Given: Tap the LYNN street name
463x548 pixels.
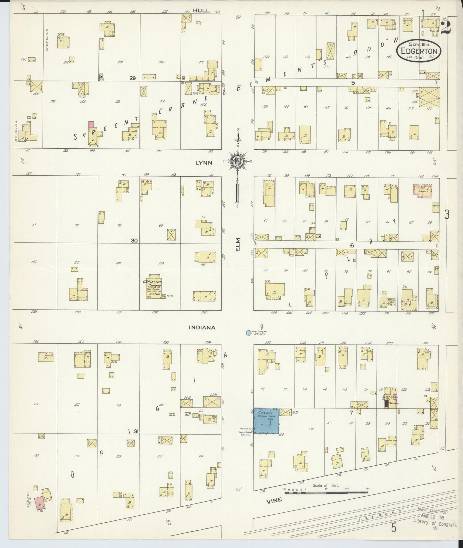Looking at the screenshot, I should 204,162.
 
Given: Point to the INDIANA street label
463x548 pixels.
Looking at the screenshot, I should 202,328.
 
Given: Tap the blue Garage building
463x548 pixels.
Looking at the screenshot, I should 266,421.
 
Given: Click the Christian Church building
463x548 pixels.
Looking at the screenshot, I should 153,287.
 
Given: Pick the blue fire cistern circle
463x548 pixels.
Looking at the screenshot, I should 248,333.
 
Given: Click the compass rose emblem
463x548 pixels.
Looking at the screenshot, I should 237,161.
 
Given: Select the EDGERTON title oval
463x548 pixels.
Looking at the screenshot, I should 418,51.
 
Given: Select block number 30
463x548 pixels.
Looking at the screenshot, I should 134,240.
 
